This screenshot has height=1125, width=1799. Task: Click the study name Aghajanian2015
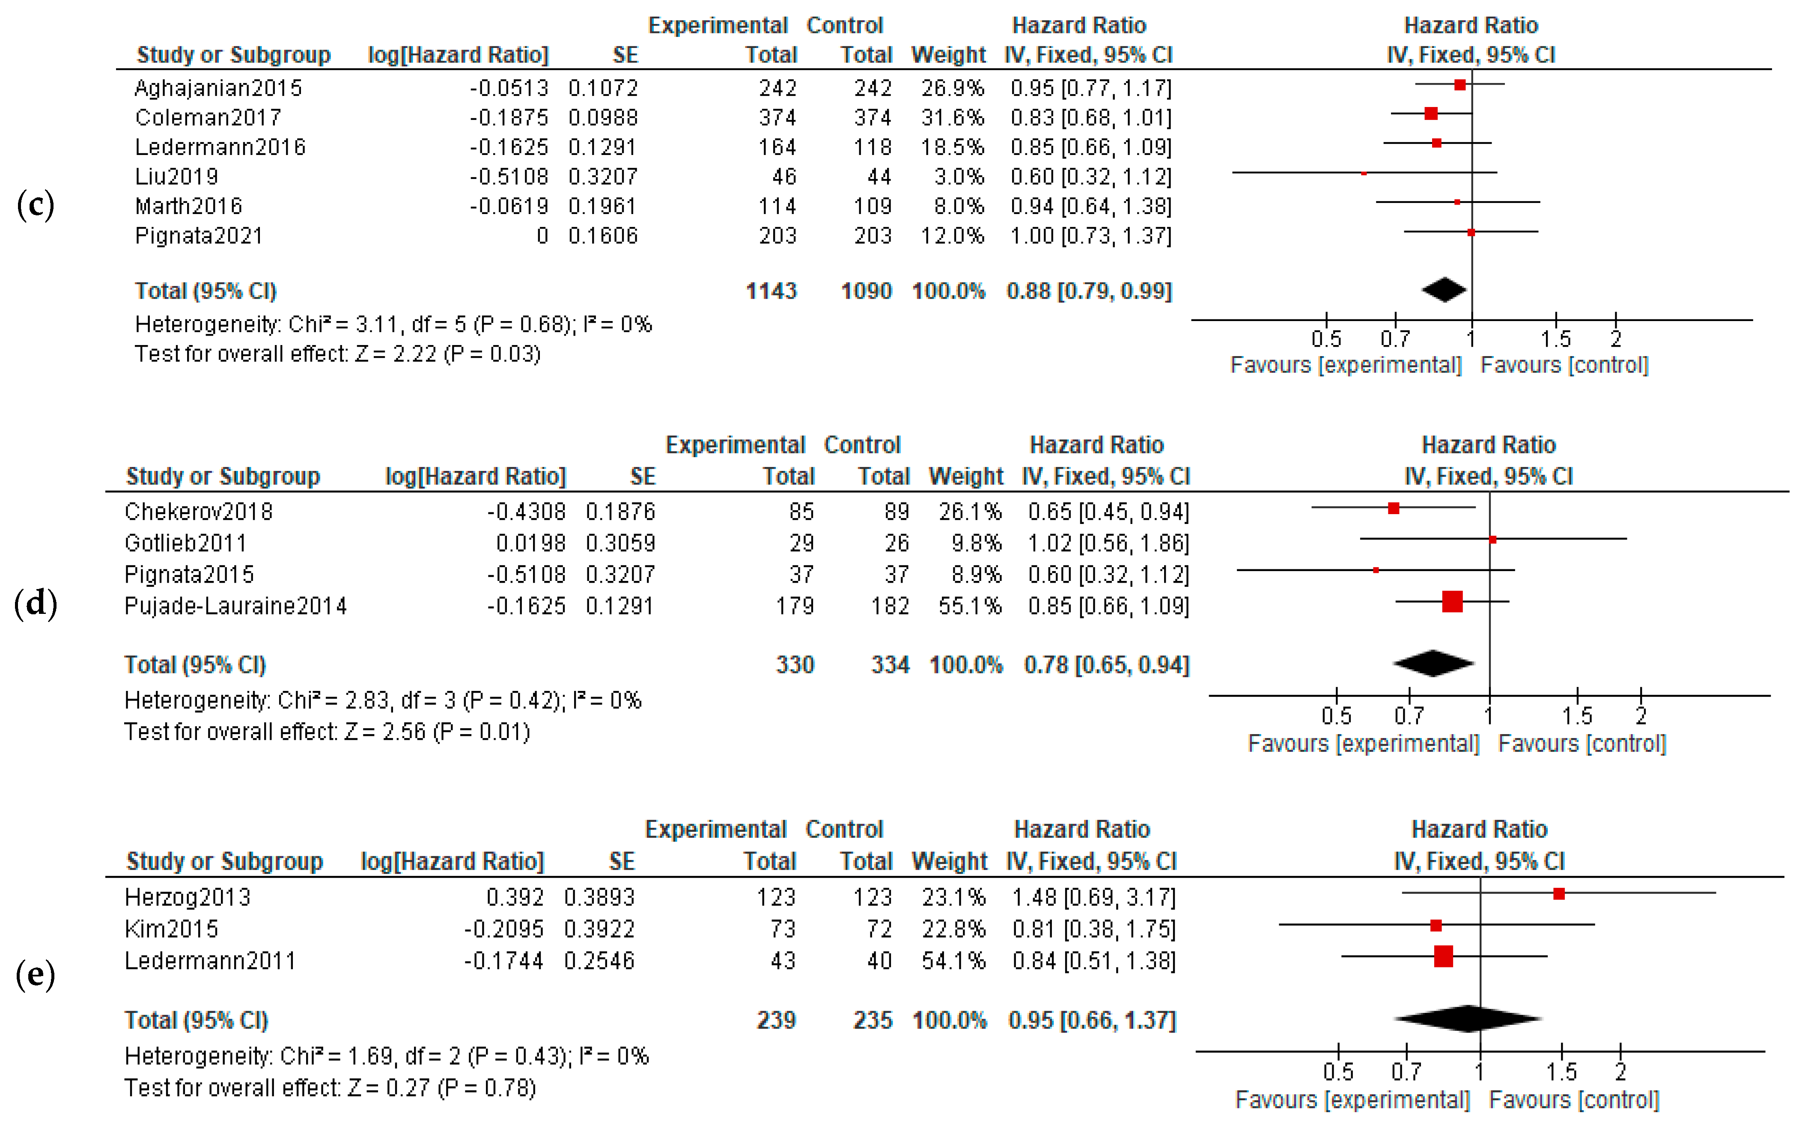(218, 89)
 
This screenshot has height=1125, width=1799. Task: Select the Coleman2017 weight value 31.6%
(952, 118)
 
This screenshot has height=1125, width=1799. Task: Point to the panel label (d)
(36, 603)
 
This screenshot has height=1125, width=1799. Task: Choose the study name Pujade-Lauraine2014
(235, 607)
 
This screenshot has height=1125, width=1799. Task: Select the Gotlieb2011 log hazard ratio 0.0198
(530, 543)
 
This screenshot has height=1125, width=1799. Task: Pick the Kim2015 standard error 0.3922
(599, 929)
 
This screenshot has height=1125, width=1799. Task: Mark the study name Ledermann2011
(210, 961)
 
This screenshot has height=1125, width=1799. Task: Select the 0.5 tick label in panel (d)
(1336, 716)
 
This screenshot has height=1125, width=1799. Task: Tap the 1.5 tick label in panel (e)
(1561, 1072)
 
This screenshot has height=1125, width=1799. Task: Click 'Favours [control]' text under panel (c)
(1564, 365)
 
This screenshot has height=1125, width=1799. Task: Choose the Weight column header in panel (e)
(949, 862)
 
